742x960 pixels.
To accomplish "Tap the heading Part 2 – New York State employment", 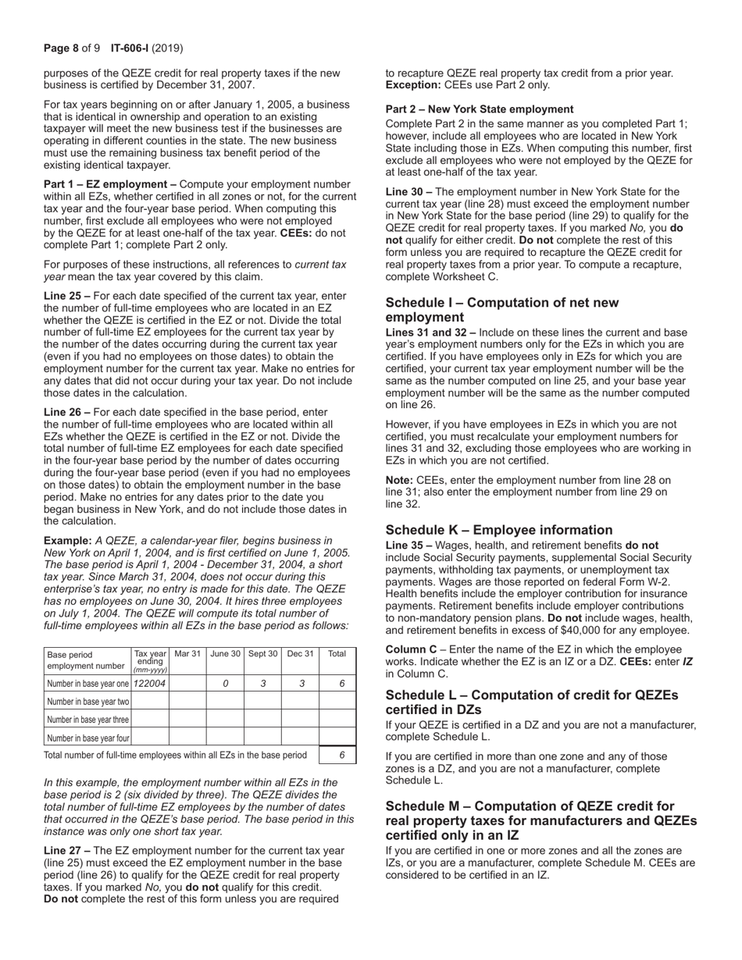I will point(480,109).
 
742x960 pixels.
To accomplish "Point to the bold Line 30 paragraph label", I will point(408,191).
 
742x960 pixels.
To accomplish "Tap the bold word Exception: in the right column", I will point(412,84).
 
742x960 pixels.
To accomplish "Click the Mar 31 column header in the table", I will point(187,654).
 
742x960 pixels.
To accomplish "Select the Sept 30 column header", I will point(262,654).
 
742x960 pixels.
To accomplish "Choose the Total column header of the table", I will point(337,654).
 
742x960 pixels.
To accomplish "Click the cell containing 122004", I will point(150,684).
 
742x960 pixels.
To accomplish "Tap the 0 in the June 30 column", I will point(225,684).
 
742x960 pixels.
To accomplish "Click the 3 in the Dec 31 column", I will point(300,684).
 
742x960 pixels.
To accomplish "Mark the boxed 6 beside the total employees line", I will point(342,756).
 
